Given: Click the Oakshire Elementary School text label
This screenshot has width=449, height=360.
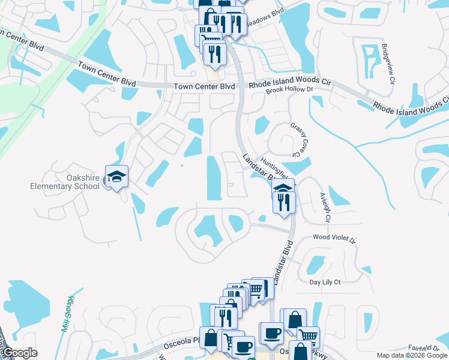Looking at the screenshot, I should tap(65, 181).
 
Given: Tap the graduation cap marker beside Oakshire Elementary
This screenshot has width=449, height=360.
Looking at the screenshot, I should tap(116, 176).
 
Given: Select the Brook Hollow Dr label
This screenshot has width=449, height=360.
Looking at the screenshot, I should tap(291, 89).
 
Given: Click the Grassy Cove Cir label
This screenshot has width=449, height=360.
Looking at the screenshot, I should tap(302, 139).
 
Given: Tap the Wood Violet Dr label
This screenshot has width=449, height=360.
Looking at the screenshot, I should tap(334, 238).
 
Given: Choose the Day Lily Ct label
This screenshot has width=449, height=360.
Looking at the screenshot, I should tap(325, 282).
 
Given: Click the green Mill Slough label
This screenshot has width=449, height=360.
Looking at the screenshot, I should tap(68, 314).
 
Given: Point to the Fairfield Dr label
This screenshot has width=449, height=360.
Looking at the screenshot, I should tap(424, 347).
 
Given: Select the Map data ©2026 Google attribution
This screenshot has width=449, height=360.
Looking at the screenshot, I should tap(412, 355).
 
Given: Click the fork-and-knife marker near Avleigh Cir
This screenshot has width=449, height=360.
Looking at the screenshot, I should tap(284, 201).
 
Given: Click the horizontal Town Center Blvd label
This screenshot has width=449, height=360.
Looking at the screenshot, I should tap(204, 86).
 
